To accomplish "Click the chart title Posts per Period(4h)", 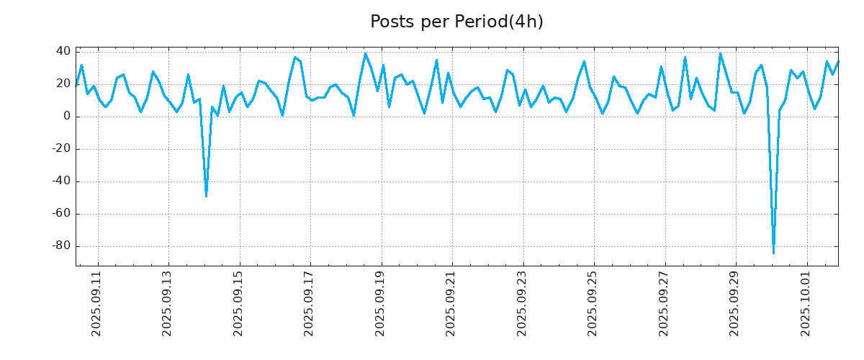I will tap(456, 22).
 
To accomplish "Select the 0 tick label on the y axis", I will tap(66, 116).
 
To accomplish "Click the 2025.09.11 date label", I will tap(97, 303).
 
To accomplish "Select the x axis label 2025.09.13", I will tap(168, 303).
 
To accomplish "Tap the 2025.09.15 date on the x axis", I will tap(239, 303).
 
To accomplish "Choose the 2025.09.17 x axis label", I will tap(310, 303).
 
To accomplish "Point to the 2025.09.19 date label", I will tap(381, 303).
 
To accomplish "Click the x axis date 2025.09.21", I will tap(451, 303).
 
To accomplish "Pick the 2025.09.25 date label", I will tap(593, 303).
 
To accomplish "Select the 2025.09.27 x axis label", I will tap(664, 303).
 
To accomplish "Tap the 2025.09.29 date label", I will tap(735, 303).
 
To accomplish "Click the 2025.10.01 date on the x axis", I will tap(806, 303).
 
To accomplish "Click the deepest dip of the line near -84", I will tap(773, 252).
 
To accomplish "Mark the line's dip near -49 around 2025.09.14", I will tap(206, 195).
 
